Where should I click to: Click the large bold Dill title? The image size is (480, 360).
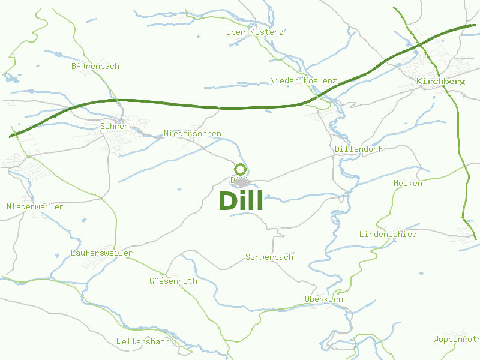[241, 201]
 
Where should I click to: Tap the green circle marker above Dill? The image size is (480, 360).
[240, 169]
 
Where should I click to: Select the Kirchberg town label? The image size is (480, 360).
[440, 81]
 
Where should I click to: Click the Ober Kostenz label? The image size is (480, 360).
[254, 32]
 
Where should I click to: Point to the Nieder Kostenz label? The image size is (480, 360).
[303, 80]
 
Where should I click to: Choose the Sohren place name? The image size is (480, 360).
[114, 127]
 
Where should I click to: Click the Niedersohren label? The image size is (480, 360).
[192, 133]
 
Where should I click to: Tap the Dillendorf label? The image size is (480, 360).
[358, 148]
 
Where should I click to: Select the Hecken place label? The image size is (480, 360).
[407, 183]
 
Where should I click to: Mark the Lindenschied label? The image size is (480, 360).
[388, 234]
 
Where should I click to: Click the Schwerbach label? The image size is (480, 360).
[269, 257]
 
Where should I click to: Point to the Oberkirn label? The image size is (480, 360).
[323, 299]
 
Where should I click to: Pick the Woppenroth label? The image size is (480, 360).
[456, 339]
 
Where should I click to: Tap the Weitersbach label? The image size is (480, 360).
[143, 341]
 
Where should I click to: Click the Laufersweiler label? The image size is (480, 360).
[101, 253]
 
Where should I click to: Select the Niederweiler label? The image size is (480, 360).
[35, 206]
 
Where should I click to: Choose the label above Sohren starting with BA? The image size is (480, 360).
[95, 66]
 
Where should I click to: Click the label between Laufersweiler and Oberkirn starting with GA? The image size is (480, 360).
[173, 281]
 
